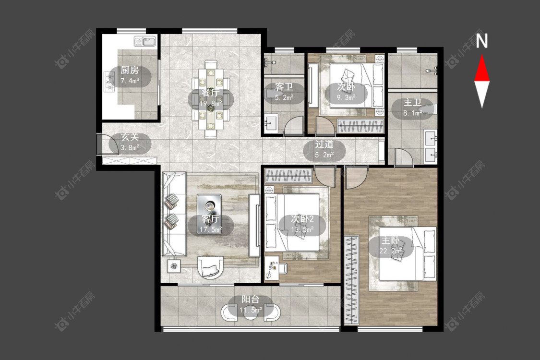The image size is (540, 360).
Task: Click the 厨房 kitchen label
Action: click(130, 71)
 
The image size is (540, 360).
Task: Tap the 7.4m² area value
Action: click(130, 81)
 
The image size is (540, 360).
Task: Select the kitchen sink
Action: click(145, 42)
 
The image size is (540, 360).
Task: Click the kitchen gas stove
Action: click(109, 82)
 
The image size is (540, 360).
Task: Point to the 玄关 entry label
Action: click(130, 137)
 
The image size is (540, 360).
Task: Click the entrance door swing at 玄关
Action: click(107, 144)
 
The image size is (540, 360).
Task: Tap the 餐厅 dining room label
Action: click(210, 93)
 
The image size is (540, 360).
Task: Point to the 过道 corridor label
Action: click(324, 144)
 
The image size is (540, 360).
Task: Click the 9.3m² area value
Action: click(346, 97)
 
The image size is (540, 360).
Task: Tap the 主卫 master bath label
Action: click(412, 102)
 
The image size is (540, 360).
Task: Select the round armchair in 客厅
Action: click(210, 268)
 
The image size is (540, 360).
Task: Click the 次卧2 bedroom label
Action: click(302, 219)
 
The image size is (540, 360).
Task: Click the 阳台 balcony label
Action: click(251, 300)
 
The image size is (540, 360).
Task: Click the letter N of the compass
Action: click(482, 41)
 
